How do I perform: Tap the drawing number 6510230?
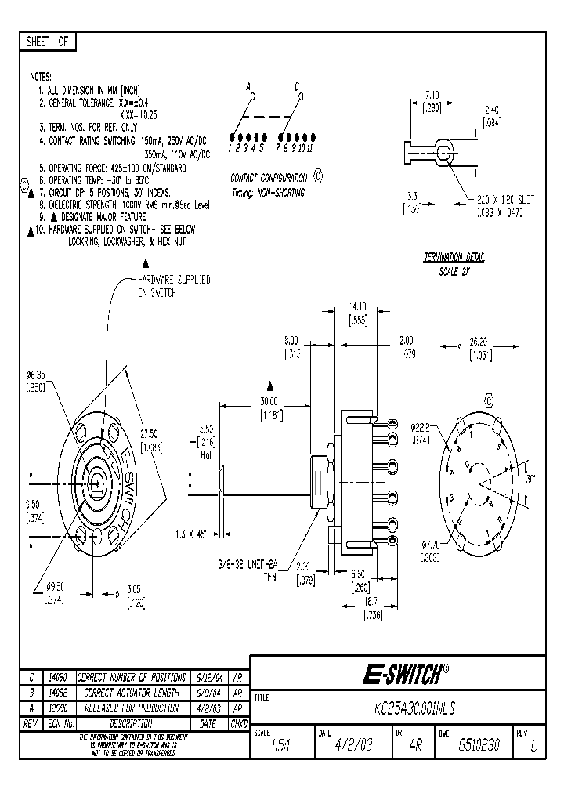click(x=480, y=747)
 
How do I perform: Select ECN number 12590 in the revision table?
click(x=60, y=707)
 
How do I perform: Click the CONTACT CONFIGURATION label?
click(x=268, y=178)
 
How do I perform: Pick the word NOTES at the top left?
click(x=41, y=78)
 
